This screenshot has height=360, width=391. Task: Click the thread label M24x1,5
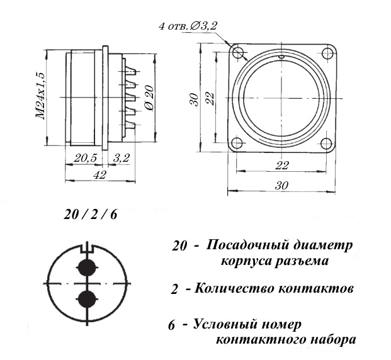(x=42, y=96)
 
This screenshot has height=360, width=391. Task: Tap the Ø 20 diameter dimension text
(x=149, y=98)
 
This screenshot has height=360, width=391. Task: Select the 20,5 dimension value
(x=85, y=158)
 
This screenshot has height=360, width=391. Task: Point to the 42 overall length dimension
(x=99, y=175)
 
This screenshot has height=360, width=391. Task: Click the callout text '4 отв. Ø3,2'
(x=188, y=26)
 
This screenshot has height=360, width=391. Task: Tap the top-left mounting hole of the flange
(x=238, y=52)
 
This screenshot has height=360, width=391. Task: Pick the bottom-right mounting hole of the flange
(x=326, y=143)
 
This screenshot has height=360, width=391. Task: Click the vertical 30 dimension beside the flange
(x=195, y=99)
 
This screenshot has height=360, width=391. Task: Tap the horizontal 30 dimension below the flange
(x=281, y=186)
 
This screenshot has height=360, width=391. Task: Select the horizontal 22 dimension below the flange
(x=282, y=166)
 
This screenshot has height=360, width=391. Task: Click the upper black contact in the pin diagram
(x=87, y=267)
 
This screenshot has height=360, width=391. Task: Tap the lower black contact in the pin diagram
(x=87, y=299)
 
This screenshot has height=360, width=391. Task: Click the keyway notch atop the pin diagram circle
(x=87, y=249)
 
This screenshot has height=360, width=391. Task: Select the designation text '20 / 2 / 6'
(x=90, y=215)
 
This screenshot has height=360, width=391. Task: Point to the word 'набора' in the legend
(x=331, y=340)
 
